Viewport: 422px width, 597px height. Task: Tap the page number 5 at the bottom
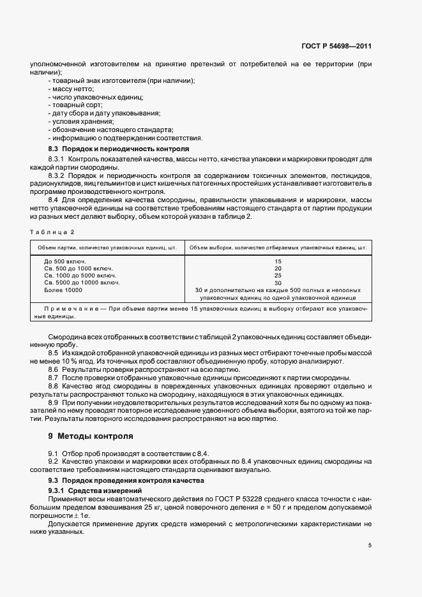[x=370, y=545]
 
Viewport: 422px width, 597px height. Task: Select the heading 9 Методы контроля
[x=91, y=436]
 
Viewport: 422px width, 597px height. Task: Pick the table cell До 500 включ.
[x=64, y=262]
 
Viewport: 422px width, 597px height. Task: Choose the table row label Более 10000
[x=63, y=290]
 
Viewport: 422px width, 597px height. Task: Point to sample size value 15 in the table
[x=278, y=262]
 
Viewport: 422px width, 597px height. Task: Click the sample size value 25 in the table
[x=278, y=276]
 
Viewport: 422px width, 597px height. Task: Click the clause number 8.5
[x=54, y=352]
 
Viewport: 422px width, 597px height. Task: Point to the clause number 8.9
[x=54, y=403]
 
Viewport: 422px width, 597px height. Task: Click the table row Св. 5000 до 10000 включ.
[x=82, y=283]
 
